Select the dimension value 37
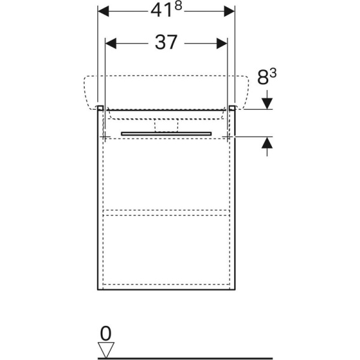point(166,43)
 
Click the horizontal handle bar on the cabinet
point(166,132)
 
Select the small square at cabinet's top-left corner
point(101,108)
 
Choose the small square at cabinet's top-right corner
point(232,108)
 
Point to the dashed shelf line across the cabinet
point(166,211)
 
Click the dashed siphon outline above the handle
point(167,124)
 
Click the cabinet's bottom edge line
point(166,289)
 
